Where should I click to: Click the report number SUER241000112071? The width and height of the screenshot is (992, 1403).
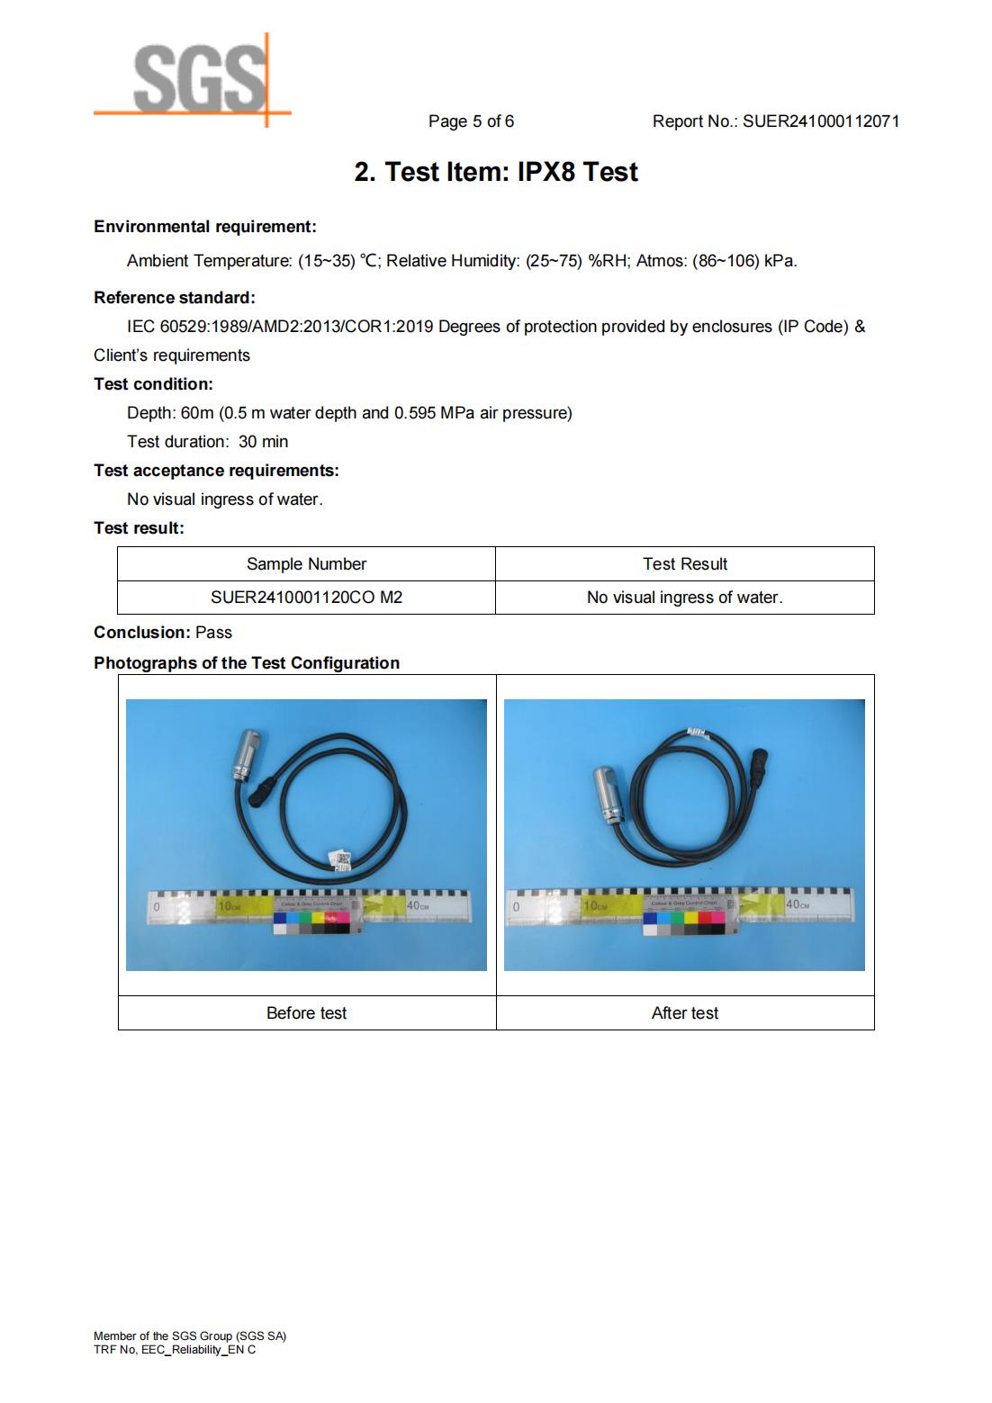[x=820, y=121]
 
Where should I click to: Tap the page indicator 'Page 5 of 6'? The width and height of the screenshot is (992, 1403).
[x=471, y=121]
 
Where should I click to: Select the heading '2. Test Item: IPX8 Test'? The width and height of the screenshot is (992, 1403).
[x=496, y=172]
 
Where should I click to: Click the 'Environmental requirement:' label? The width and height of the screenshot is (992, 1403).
[x=205, y=227]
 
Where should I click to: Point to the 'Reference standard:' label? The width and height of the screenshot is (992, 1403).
[x=175, y=298]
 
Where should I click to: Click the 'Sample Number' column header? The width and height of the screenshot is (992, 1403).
[x=306, y=564]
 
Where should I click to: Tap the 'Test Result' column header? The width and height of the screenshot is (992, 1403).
[x=684, y=564]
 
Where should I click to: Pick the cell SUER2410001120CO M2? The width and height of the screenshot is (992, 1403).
[x=306, y=598]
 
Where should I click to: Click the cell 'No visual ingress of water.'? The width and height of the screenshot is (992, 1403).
[x=684, y=598]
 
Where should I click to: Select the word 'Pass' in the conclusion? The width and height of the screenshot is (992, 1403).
[x=213, y=633]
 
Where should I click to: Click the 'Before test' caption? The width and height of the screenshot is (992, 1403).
[x=306, y=1013]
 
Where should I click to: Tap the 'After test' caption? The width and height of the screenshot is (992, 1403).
[x=684, y=1013]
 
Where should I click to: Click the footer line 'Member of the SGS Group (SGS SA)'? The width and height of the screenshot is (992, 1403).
[x=190, y=1336]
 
